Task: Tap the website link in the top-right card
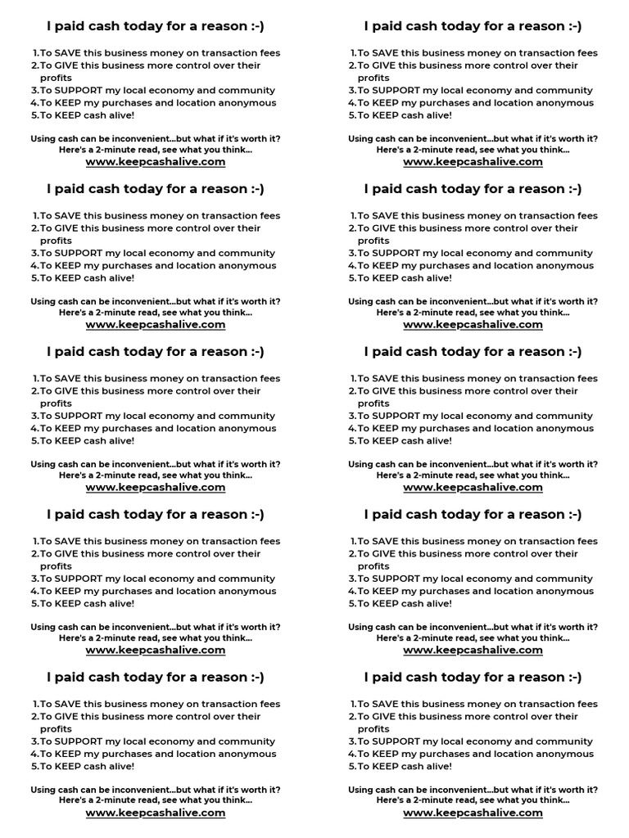point(473,162)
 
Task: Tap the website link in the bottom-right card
point(473,813)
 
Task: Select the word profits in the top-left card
point(56,78)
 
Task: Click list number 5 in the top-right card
point(351,115)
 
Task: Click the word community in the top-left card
point(243,91)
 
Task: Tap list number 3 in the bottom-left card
point(34,742)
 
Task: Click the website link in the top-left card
point(156,162)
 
